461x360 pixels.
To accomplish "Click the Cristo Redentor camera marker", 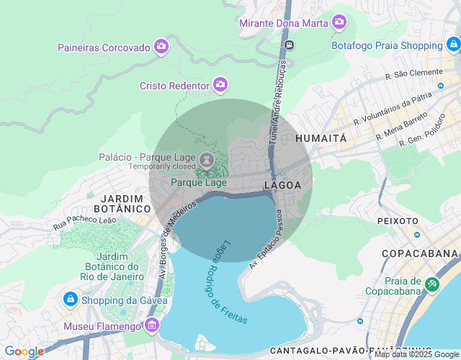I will click(220, 85).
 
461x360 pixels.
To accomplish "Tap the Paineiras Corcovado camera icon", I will click(161, 48).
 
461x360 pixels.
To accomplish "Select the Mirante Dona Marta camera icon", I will click(339, 22).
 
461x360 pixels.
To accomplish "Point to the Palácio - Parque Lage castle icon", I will click(207, 158).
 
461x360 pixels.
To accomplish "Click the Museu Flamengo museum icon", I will click(151, 326).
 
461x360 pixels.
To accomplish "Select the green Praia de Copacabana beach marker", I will click(431, 284).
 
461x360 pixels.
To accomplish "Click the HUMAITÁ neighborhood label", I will click(321, 138).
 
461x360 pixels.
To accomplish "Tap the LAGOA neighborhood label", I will click(283, 185).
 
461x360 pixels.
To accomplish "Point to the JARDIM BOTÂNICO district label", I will click(115, 203).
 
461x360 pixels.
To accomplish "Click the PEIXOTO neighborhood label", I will click(397, 221).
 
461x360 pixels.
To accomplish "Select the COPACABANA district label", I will click(420, 253).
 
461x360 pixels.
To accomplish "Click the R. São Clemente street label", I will click(413, 73).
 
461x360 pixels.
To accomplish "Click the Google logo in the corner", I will click(24, 351).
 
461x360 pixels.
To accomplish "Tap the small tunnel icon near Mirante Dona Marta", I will click(289, 45).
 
